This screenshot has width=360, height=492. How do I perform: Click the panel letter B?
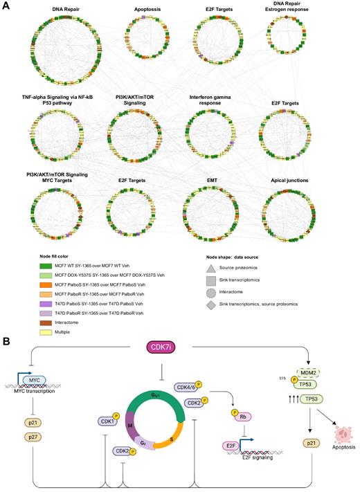coord(6,341)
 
